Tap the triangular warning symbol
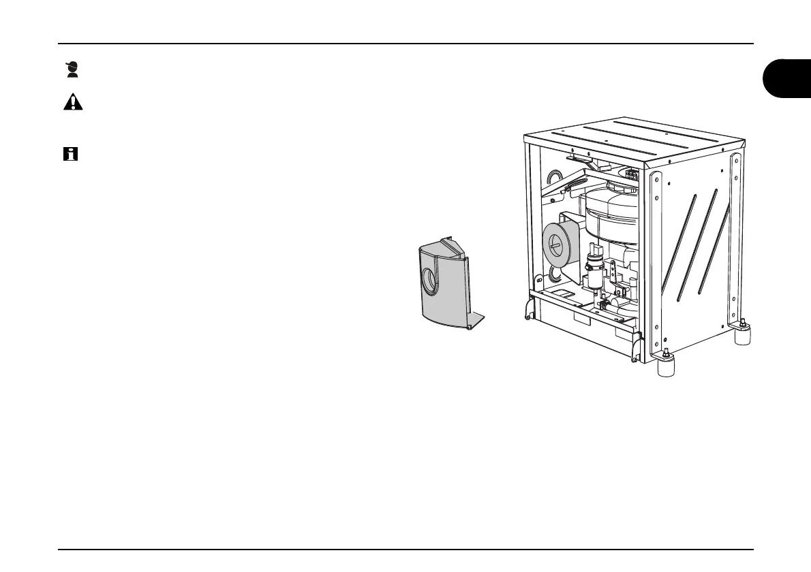(73, 102)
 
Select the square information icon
(70, 155)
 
